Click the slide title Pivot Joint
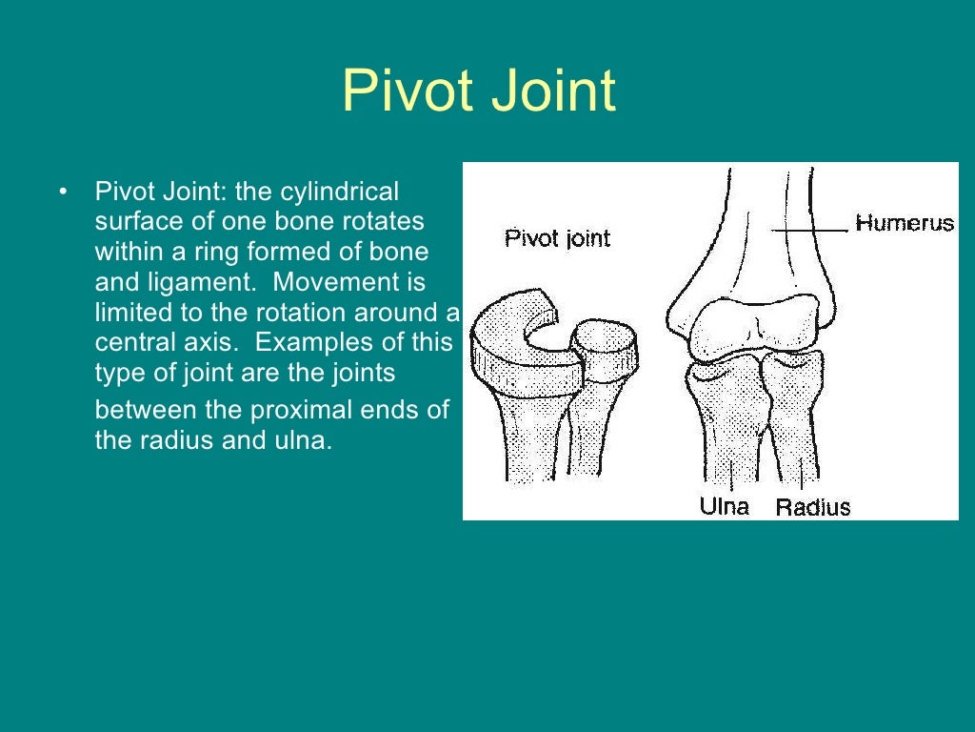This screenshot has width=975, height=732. pos(479,92)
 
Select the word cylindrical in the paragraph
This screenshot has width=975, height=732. pos(342,192)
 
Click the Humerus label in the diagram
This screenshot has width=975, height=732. pos(904,223)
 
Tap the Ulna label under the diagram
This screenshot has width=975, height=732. pos(725,506)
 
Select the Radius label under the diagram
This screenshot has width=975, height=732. pos(813,507)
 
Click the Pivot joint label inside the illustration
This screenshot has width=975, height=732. pos(557,237)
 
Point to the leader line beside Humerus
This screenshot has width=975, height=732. pos(809,230)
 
